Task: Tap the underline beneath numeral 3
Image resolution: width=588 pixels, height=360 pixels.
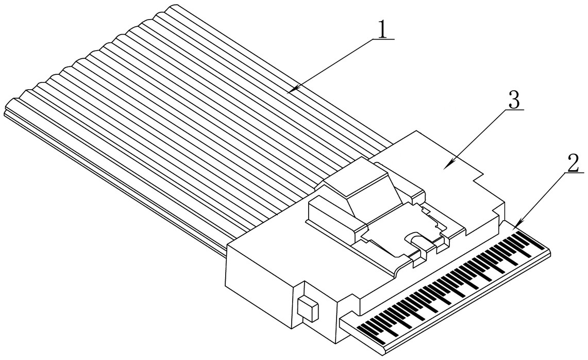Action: pos(514,110)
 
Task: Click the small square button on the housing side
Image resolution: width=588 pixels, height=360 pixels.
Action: pos(308,308)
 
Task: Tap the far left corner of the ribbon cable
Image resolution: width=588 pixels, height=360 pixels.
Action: pos(5,112)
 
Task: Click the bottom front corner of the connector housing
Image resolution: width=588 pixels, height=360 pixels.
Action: pos(335,343)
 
